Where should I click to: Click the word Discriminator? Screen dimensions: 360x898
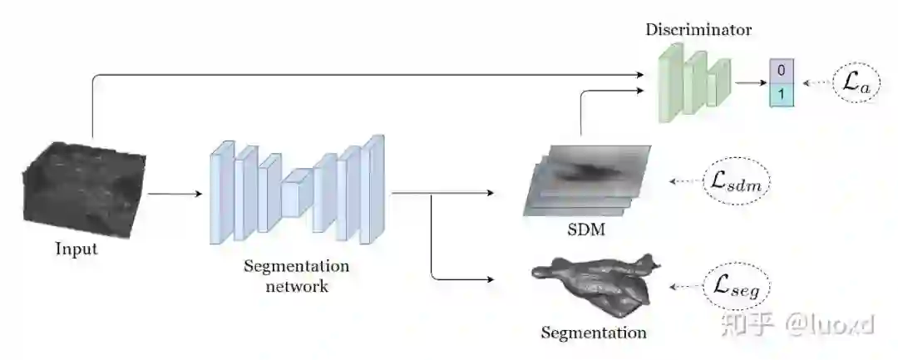[698, 31]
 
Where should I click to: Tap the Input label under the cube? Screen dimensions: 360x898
[76, 249]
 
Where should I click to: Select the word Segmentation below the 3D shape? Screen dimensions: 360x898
[594, 333]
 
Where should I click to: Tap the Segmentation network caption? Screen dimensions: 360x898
[296, 277]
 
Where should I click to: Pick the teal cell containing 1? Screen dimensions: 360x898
[782, 94]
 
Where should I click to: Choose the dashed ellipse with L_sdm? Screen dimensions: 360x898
[737, 180]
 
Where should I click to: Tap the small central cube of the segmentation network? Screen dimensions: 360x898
[297, 192]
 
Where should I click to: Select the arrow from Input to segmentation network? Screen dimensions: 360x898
[175, 195]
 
